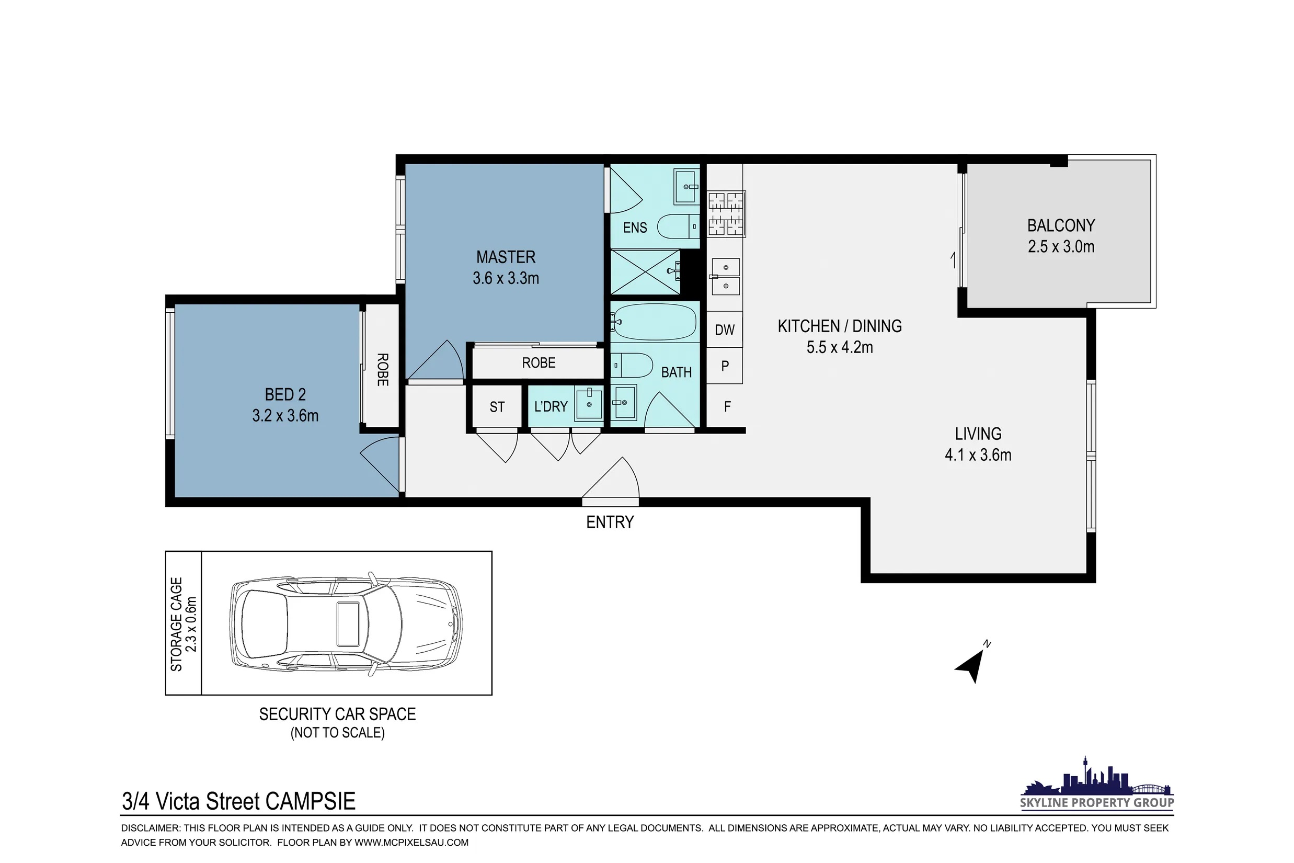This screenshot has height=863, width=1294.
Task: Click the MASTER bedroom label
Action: (506, 257)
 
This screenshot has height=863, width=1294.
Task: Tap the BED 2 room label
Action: (285, 394)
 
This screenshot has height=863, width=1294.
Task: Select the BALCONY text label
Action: (1061, 225)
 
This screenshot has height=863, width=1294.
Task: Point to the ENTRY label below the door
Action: (610, 522)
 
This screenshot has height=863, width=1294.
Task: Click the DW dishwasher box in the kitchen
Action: (725, 329)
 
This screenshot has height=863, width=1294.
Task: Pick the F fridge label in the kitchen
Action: (727, 407)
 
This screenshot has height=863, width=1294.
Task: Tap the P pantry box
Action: (725, 366)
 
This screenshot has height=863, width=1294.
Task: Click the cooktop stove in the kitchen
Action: (726, 214)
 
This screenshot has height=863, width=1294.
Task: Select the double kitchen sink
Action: (725, 277)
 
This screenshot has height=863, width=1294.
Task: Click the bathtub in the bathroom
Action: (655, 322)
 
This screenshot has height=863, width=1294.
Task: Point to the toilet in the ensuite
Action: (678, 226)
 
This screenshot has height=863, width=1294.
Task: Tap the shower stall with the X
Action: (645, 272)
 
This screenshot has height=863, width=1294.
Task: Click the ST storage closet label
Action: (497, 407)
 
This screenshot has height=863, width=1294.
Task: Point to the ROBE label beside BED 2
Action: (382, 369)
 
